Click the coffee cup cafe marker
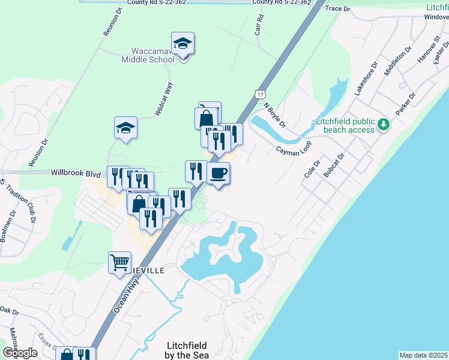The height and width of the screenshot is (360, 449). (x=218, y=173)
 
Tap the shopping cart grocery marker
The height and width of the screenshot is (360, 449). (x=119, y=262)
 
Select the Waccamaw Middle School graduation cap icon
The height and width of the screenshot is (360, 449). (x=182, y=44)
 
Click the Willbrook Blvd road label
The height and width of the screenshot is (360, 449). (x=76, y=173)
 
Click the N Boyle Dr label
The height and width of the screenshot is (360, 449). (x=274, y=114)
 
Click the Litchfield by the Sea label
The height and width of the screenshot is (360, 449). (x=186, y=350)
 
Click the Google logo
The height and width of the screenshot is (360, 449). (x=20, y=353)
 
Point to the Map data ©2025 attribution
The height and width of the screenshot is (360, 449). (x=424, y=355)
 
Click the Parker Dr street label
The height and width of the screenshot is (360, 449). (x=405, y=104)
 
